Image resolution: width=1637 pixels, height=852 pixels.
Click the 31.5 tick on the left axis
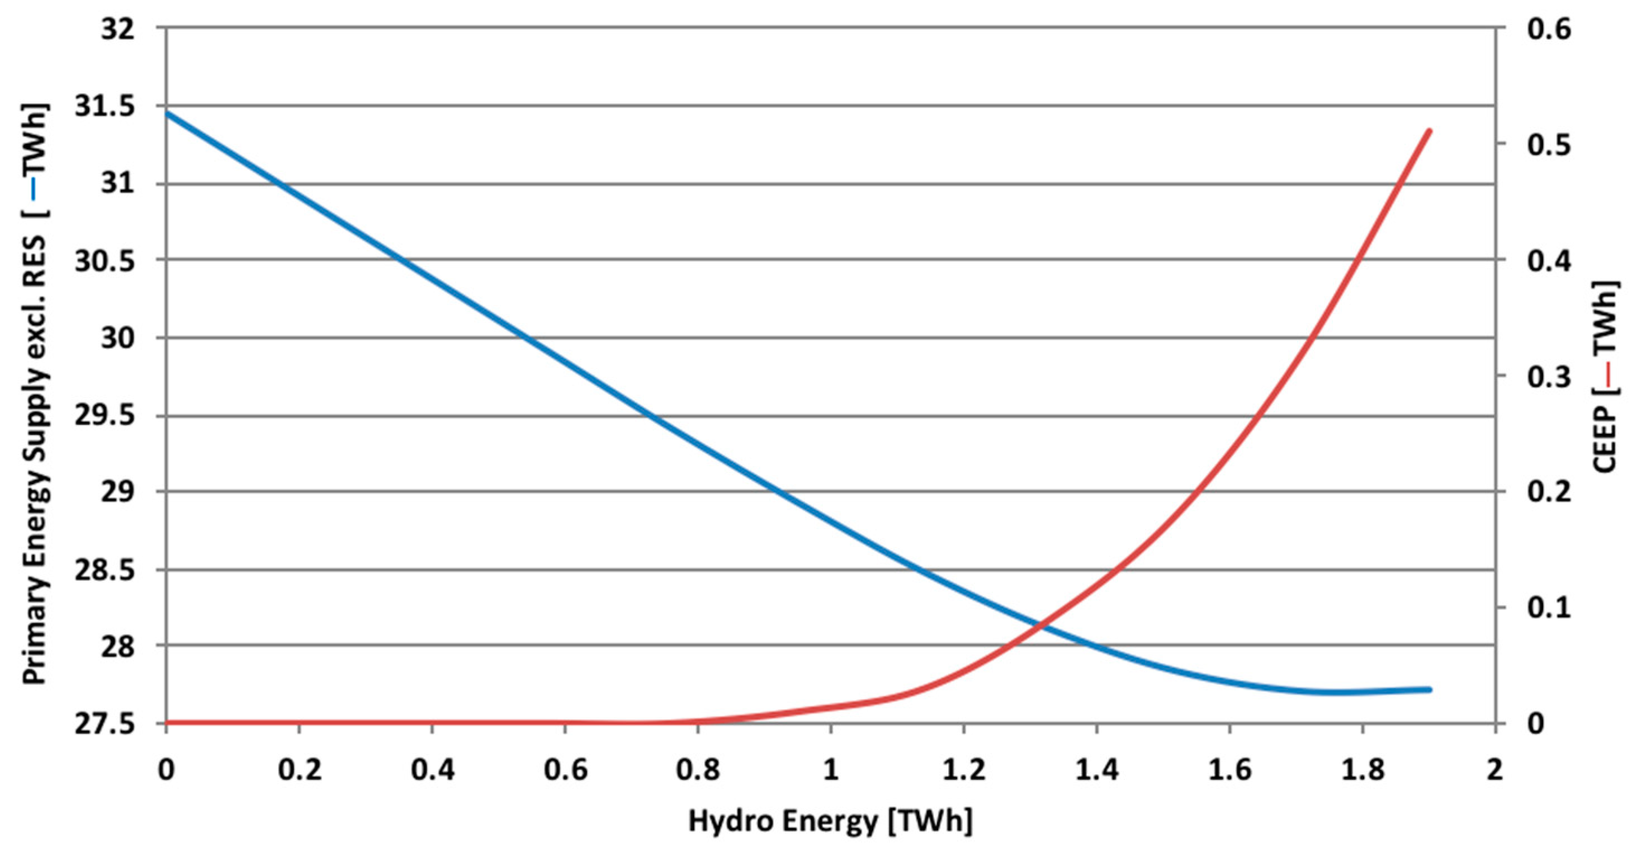point(106,107)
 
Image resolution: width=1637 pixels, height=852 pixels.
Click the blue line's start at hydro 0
point(167,113)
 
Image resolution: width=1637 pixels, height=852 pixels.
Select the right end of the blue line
point(1429,689)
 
